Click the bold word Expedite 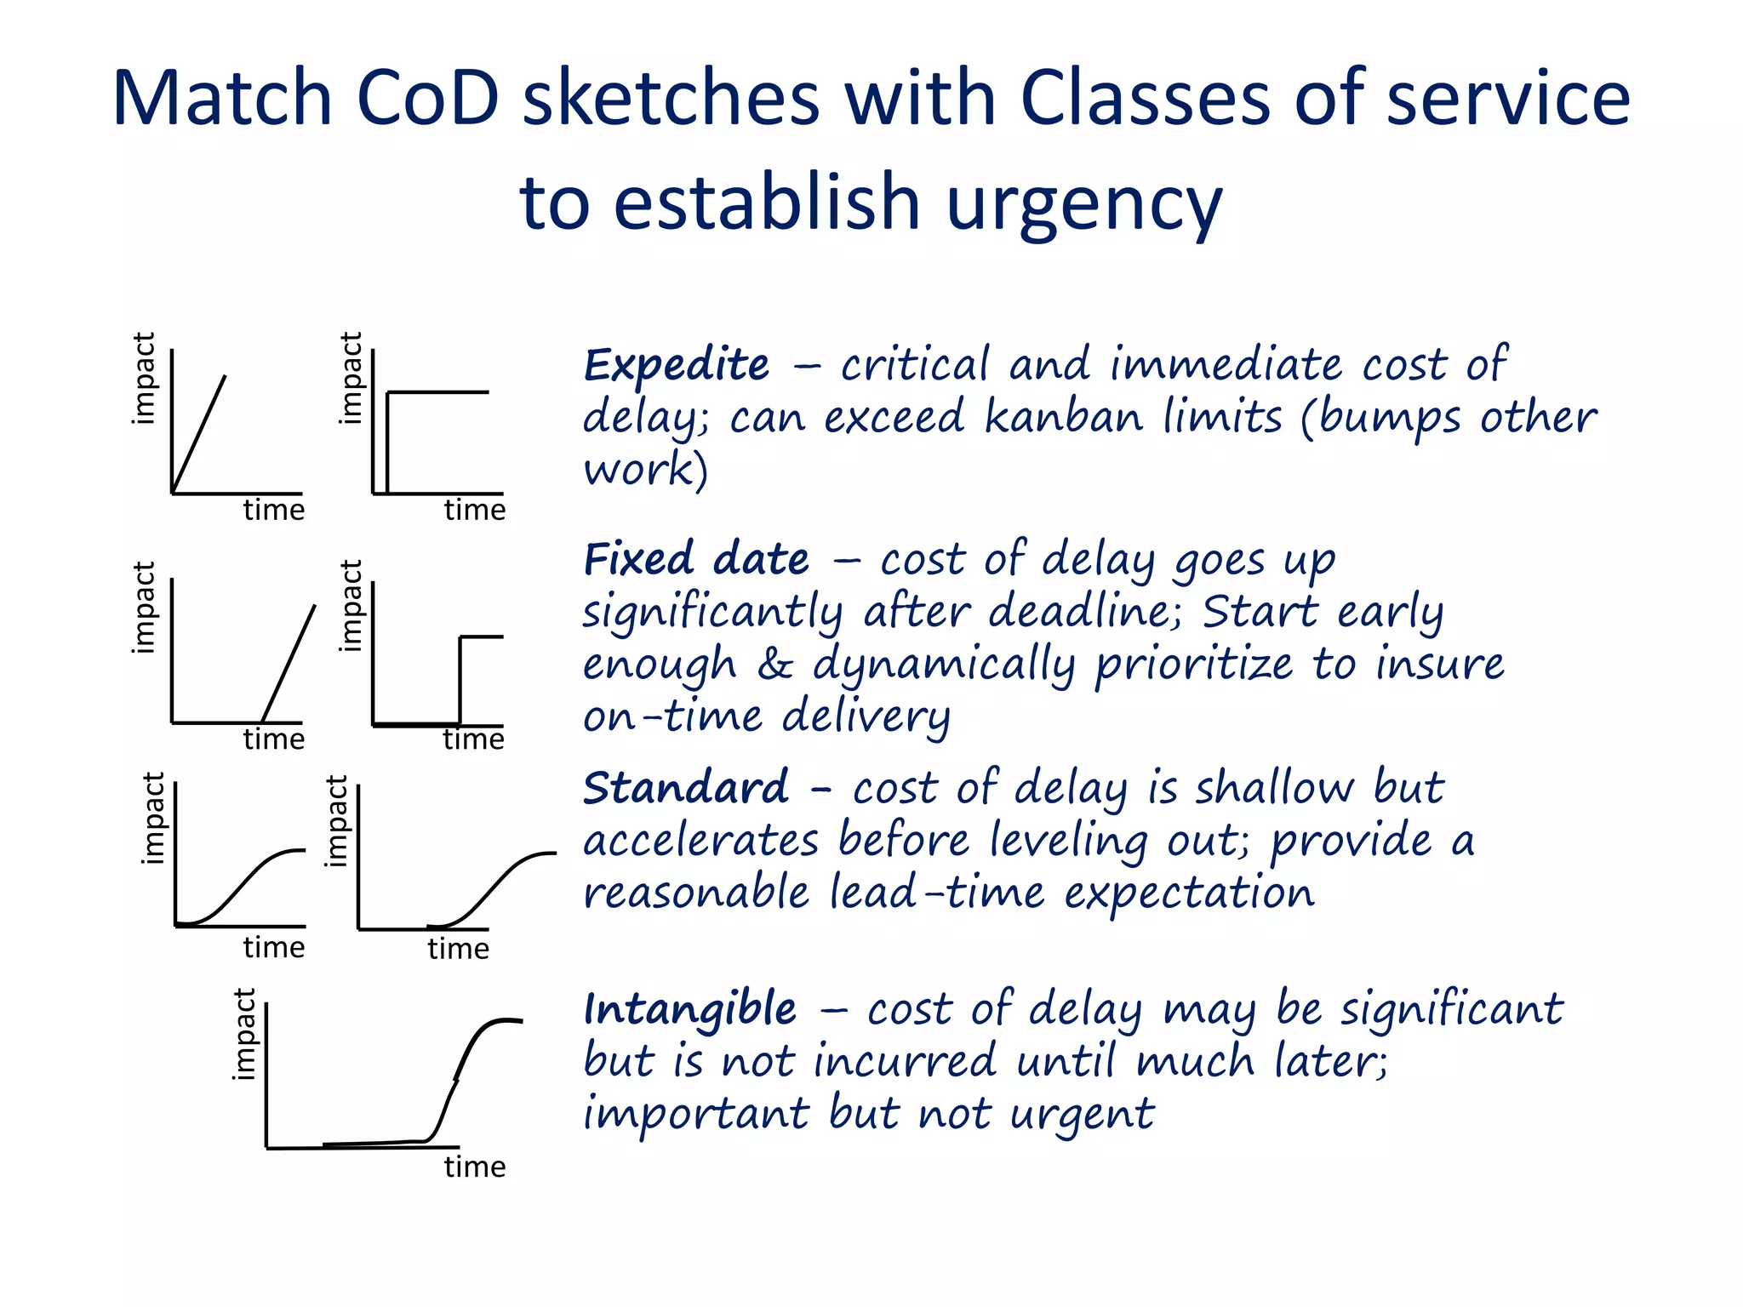(677, 367)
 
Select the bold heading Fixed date (696, 561)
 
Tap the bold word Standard (686, 788)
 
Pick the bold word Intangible (690, 1010)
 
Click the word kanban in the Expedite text (1064, 418)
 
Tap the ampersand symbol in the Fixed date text (774, 665)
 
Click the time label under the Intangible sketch (474, 1167)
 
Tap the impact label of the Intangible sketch (244, 1034)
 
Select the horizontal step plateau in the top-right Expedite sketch (438, 392)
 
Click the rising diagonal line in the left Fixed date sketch (289, 662)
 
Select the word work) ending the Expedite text (645, 471)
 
